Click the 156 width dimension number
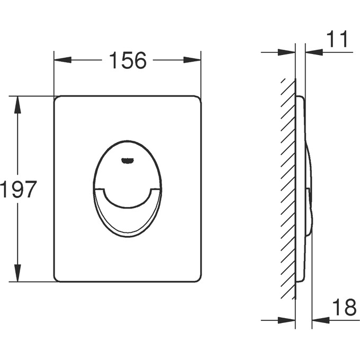128,60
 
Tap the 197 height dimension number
19,189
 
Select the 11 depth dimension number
337,39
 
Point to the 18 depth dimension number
344,307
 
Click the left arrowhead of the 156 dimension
62,60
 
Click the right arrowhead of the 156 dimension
192,60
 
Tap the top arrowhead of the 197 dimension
17,105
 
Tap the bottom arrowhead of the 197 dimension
17,273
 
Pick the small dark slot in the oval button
127,160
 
